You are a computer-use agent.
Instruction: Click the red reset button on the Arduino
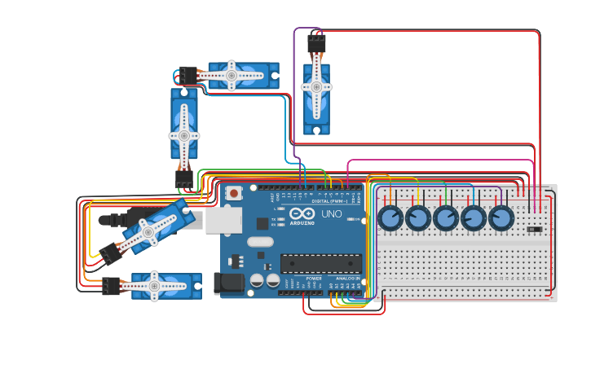click(234, 193)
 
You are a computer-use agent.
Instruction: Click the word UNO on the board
click(332, 213)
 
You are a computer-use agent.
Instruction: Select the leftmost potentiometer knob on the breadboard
click(391, 218)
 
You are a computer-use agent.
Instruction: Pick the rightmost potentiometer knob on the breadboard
click(501, 218)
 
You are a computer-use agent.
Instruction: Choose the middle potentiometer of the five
click(446, 218)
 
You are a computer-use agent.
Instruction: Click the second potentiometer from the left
click(418, 218)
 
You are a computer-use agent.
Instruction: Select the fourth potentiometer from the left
click(474, 218)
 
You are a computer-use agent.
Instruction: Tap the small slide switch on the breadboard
click(535, 230)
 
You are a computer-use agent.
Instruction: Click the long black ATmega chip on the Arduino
click(321, 263)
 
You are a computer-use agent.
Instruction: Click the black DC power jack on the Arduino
click(228, 283)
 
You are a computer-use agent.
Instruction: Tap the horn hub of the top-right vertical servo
click(316, 87)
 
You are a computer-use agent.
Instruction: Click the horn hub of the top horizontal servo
click(232, 76)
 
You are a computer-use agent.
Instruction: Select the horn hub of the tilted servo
click(148, 232)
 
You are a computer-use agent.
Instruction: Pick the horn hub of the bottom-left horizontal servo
click(153, 286)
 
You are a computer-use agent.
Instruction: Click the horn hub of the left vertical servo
click(184, 136)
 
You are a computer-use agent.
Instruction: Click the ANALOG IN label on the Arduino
click(346, 278)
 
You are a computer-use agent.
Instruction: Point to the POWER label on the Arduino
click(314, 278)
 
